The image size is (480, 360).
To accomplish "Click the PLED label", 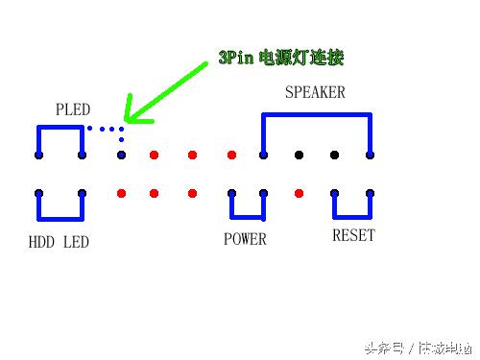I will point(73,108).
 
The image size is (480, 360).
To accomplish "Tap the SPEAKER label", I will point(315,93).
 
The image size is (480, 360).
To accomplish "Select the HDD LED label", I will point(59,242).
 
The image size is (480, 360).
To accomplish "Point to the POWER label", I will point(245,238).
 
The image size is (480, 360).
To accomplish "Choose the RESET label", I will point(353,235).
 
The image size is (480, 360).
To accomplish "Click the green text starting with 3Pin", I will point(280,58).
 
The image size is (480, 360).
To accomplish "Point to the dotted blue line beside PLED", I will point(105,129).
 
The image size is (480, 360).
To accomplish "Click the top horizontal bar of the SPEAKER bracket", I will point(316,115).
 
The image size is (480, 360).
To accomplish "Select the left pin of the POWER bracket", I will point(231,193).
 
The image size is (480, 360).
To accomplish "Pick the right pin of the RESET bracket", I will point(370,193).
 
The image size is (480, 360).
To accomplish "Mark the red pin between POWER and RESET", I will point(299,193).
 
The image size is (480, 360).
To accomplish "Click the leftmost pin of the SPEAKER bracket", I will point(263,155).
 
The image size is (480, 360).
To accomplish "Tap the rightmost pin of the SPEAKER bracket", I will point(370,155).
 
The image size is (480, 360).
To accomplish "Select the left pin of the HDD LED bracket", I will point(38,193).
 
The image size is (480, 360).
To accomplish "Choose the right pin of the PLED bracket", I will point(82,155).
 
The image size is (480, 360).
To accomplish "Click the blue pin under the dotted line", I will point(121,155).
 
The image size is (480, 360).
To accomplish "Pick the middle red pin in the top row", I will point(192,155).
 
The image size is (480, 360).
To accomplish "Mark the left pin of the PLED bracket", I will point(38,155).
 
